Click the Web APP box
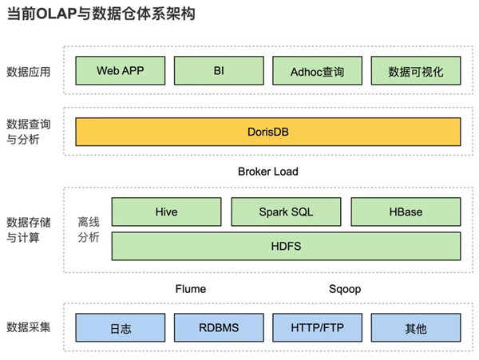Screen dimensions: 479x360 point(121,70)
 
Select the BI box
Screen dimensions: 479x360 point(219,70)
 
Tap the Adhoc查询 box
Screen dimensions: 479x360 point(318,70)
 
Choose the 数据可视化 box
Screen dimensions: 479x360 point(416,70)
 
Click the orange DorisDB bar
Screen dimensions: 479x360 point(268,132)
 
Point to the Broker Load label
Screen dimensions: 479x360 point(268,172)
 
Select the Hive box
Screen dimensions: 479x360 point(166,212)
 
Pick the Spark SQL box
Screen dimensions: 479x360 point(286,212)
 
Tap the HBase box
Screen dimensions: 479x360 point(406,212)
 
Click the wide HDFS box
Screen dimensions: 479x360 point(286,246)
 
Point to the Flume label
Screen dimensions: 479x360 point(191,289)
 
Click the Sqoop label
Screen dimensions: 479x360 point(345,289)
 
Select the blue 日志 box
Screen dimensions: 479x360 point(121,327)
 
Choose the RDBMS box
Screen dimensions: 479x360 point(219,327)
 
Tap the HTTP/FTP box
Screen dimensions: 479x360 point(318,327)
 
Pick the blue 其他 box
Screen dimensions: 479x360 point(416,327)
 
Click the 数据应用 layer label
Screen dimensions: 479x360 point(29,72)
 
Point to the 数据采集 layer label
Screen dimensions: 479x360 point(29,327)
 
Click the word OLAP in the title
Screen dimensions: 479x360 point(56,14)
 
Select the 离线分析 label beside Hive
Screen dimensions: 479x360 point(89,229)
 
